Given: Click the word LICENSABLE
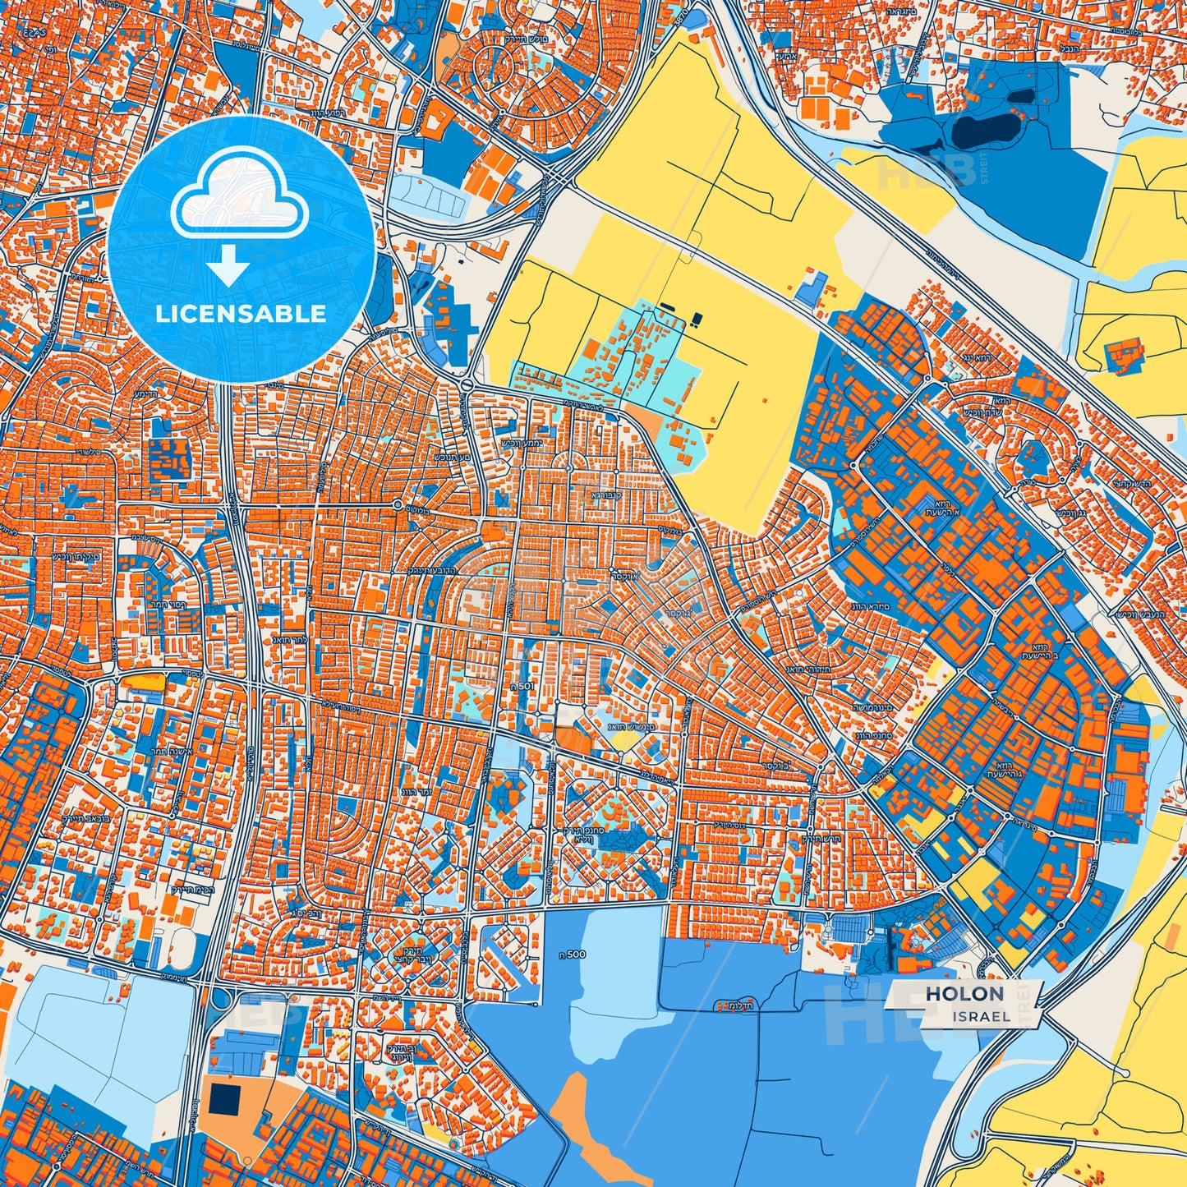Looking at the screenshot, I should pyautogui.click(x=240, y=313).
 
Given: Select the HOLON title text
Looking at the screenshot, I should pyautogui.click(x=964, y=994).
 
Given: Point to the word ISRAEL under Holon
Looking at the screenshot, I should pyautogui.click(x=982, y=1017).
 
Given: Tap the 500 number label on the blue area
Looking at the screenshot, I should pyautogui.click(x=576, y=954).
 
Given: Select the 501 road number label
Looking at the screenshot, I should pyautogui.click(x=522, y=688).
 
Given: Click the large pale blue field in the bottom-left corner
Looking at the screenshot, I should pyautogui.click(x=90, y=1043).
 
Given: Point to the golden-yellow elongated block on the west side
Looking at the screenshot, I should pyautogui.click(x=144, y=681).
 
